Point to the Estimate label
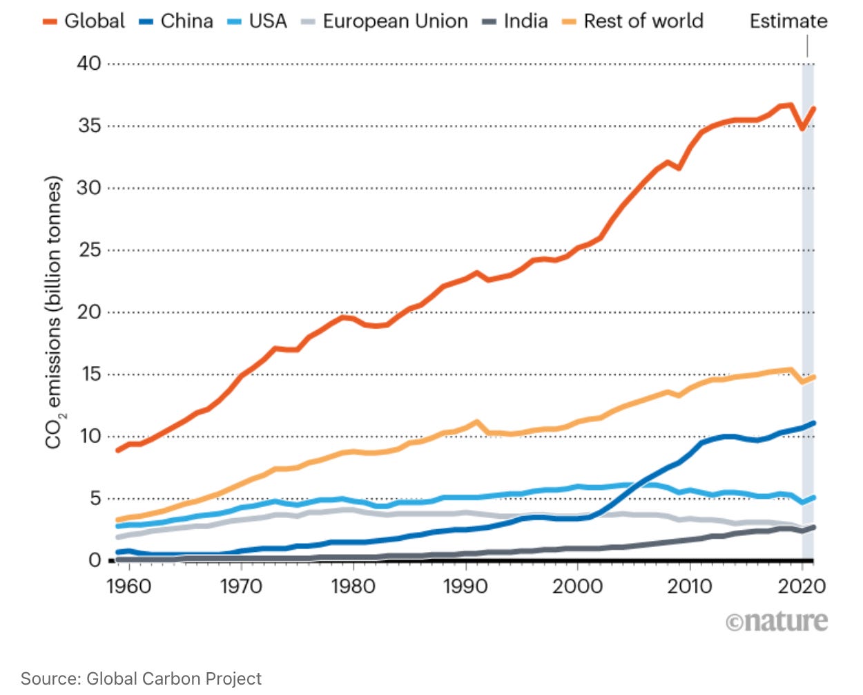[788, 21]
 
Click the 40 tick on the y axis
[89, 64]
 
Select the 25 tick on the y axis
[89, 250]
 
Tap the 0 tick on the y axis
[95, 560]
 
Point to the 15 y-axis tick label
[89, 374]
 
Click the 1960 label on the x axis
[129, 587]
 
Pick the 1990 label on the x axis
[465, 587]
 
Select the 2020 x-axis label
[802, 587]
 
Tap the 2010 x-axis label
[690, 587]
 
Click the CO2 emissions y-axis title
[54, 312]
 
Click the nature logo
[777, 622]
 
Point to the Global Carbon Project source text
[142, 678]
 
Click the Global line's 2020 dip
[803, 128]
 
